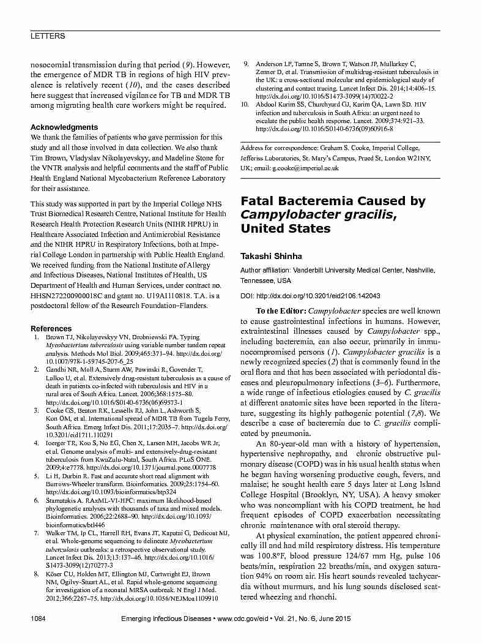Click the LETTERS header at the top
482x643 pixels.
48,37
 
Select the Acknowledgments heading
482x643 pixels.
64,127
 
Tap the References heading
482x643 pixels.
51,329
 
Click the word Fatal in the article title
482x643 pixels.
259,201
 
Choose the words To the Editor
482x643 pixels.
281,312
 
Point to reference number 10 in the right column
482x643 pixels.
245,105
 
